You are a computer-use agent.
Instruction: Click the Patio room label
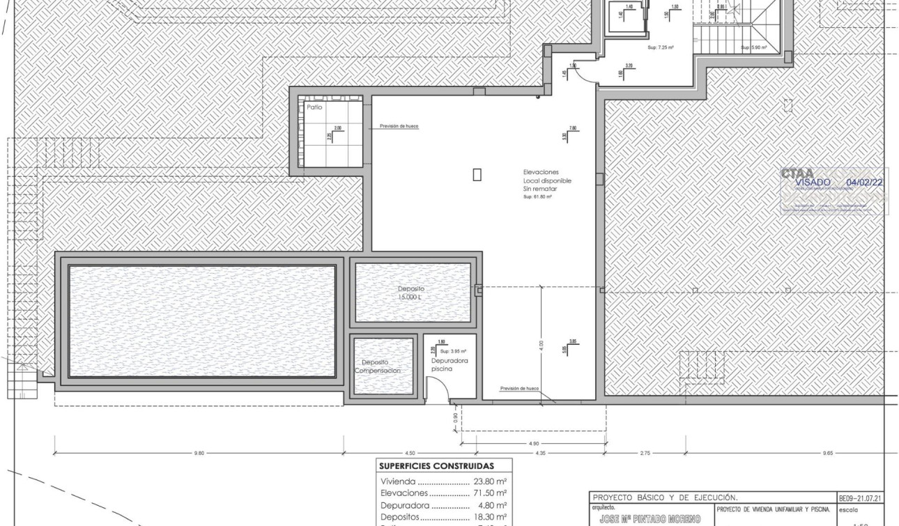click(x=314, y=108)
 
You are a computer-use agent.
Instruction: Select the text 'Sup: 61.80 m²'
click(x=537, y=197)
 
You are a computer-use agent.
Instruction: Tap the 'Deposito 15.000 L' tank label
click(x=411, y=293)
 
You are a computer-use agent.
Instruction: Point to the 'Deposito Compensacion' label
click(x=377, y=366)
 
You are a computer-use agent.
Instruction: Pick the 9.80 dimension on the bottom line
click(x=199, y=454)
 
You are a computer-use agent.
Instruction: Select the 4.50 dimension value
click(x=401, y=454)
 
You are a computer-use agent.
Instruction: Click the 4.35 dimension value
click(x=541, y=454)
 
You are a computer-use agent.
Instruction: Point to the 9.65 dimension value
click(x=828, y=454)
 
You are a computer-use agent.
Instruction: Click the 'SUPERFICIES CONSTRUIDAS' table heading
click(x=436, y=466)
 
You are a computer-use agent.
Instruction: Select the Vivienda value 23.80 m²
click(x=489, y=481)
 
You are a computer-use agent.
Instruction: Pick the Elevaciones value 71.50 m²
click(x=489, y=493)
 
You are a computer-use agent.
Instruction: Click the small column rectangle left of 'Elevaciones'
click(x=477, y=174)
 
